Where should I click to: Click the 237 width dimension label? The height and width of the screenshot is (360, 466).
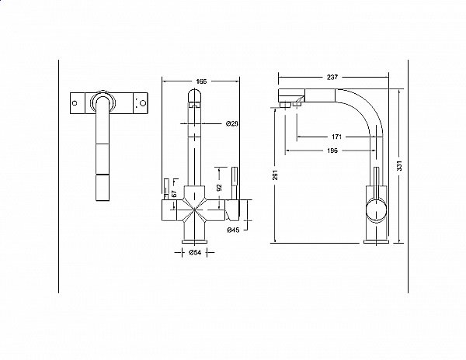click(332, 77)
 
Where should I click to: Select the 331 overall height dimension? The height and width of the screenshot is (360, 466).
click(399, 166)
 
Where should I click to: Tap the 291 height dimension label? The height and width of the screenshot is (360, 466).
click(275, 175)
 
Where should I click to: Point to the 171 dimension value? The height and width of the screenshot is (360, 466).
click(336, 137)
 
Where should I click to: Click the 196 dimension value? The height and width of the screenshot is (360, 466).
click(332, 151)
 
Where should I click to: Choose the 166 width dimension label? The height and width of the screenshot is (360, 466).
click(201, 81)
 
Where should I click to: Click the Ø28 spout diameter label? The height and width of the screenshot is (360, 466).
click(231, 123)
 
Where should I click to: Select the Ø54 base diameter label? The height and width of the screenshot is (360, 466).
click(195, 253)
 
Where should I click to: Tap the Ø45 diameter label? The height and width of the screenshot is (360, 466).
click(233, 230)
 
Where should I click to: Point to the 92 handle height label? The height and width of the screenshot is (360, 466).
click(219, 188)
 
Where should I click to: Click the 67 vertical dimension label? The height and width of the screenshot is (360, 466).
click(175, 193)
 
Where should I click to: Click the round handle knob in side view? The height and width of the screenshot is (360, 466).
click(377, 210)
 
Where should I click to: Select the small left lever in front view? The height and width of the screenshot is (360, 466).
click(166, 189)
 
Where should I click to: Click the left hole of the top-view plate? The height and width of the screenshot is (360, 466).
click(75, 103)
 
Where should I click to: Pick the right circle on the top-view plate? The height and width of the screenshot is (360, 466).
click(143, 103)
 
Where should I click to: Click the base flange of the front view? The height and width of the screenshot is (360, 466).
click(194, 241)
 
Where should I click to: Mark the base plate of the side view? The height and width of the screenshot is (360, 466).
click(376, 241)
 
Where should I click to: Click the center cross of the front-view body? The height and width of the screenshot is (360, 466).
click(194, 209)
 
